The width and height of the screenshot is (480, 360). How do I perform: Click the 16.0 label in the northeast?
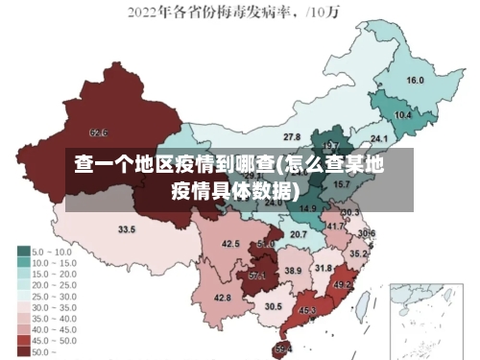tap(415, 81)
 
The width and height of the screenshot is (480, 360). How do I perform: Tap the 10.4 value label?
tap(403, 115)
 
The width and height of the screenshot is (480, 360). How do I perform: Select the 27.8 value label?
tap(291, 138)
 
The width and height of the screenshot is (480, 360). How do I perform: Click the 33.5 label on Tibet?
tap(127, 229)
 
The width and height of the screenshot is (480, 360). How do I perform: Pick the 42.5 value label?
tap(230, 244)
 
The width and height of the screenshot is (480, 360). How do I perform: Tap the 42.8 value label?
tap(222, 298)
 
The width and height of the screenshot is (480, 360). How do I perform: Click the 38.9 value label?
tap(293, 271)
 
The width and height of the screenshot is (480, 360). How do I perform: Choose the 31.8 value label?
tap(324, 268)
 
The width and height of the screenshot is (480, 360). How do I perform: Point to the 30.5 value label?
tap(274, 306)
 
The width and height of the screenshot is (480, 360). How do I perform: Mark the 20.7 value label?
tap(299, 234)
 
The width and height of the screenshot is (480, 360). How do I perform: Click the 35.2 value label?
tap(357, 254)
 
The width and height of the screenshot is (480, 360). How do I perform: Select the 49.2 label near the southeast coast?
tap(342, 285)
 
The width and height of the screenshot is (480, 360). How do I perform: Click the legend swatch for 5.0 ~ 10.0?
tap(23, 252)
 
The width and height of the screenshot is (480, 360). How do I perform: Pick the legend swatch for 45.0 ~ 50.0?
tap(23, 340)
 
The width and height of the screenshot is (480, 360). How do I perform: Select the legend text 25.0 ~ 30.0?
tap(54, 296)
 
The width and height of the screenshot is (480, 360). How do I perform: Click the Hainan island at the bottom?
tap(282, 349)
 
